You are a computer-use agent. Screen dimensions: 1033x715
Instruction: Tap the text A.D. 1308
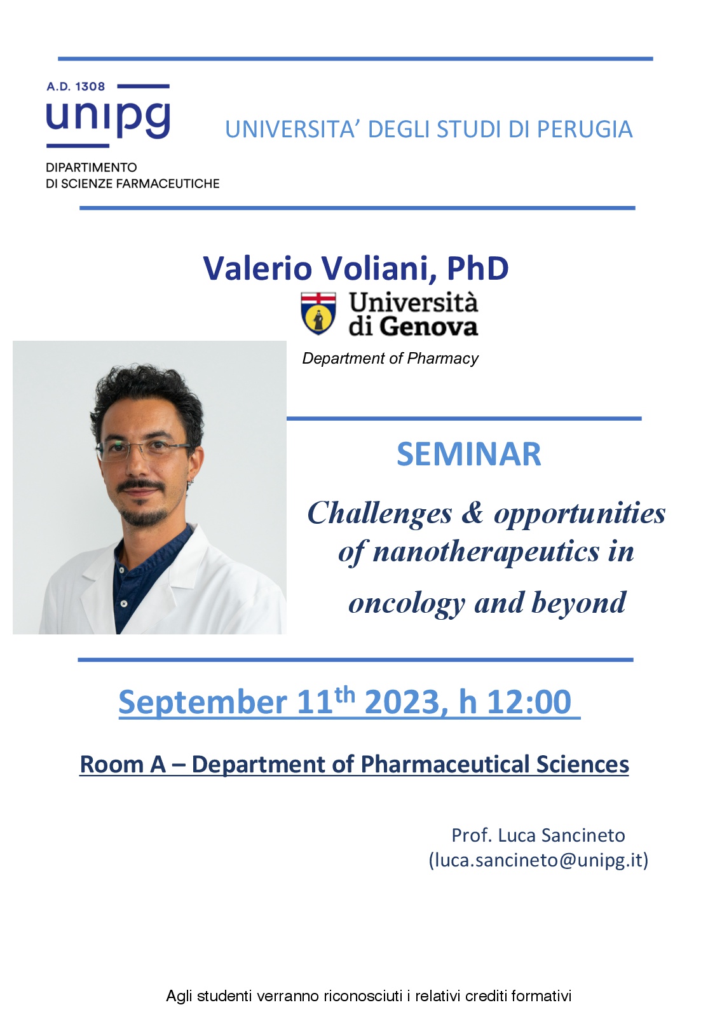pyautogui.click(x=76, y=86)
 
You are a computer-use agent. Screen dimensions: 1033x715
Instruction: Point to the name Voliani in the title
pyautogui.click(x=379, y=268)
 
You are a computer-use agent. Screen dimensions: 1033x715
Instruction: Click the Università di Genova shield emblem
pyautogui.click(x=318, y=313)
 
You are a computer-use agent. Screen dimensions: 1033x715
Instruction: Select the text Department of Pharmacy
pyautogui.click(x=390, y=359)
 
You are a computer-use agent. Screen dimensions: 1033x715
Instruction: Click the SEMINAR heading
pyautogui.click(x=469, y=454)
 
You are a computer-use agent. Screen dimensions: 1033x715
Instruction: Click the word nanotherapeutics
pyautogui.click(x=486, y=551)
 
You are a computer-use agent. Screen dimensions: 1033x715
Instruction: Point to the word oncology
pyautogui.click(x=406, y=603)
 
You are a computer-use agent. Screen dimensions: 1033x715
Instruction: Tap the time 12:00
pyautogui.click(x=529, y=702)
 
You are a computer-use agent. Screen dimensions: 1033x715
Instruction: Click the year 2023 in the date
pyautogui.click(x=402, y=702)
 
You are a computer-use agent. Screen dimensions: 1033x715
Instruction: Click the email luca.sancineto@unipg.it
pyautogui.click(x=539, y=860)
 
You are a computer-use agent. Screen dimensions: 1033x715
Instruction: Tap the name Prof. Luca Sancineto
pyautogui.click(x=538, y=835)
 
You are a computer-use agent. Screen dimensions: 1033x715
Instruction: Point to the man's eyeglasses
pyautogui.click(x=144, y=450)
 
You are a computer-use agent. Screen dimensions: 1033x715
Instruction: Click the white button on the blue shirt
pyautogui.click(x=124, y=603)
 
